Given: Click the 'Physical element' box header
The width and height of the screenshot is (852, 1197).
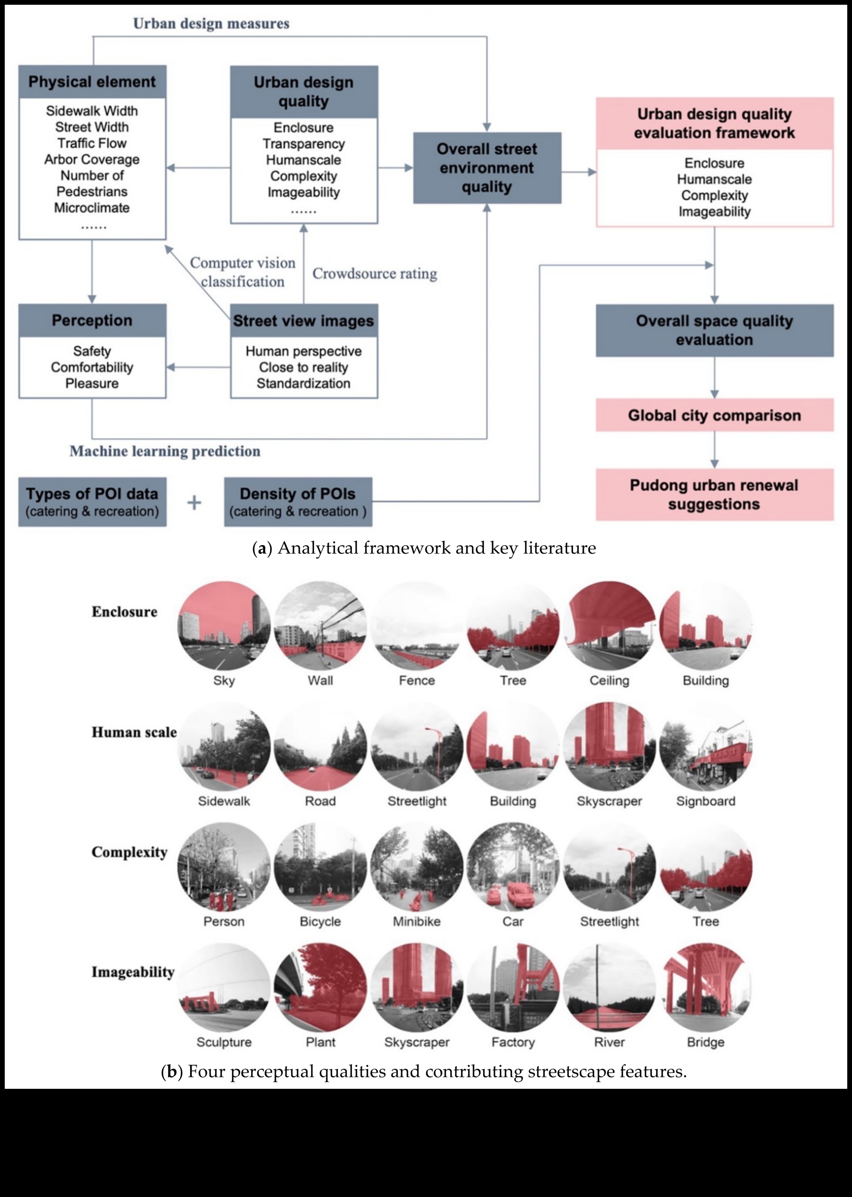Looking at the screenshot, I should click(92, 82).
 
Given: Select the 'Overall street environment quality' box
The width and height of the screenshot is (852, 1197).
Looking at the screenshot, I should click(487, 168).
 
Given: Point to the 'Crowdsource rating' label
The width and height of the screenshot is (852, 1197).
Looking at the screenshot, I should click(375, 273).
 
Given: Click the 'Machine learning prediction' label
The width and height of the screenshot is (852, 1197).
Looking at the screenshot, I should click(165, 451).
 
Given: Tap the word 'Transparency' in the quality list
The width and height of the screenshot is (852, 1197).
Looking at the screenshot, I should click(304, 144).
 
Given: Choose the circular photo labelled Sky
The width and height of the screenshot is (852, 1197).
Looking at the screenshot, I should click(224, 626).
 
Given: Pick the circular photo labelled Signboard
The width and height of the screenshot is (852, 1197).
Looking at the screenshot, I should click(706, 746).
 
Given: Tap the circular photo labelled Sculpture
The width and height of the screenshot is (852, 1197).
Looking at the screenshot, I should click(224, 987).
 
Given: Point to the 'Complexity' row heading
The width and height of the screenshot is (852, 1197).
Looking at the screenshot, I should click(129, 852).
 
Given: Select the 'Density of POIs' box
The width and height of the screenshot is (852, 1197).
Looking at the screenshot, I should click(298, 502).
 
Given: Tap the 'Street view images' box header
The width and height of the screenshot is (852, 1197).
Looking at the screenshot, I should click(304, 321).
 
